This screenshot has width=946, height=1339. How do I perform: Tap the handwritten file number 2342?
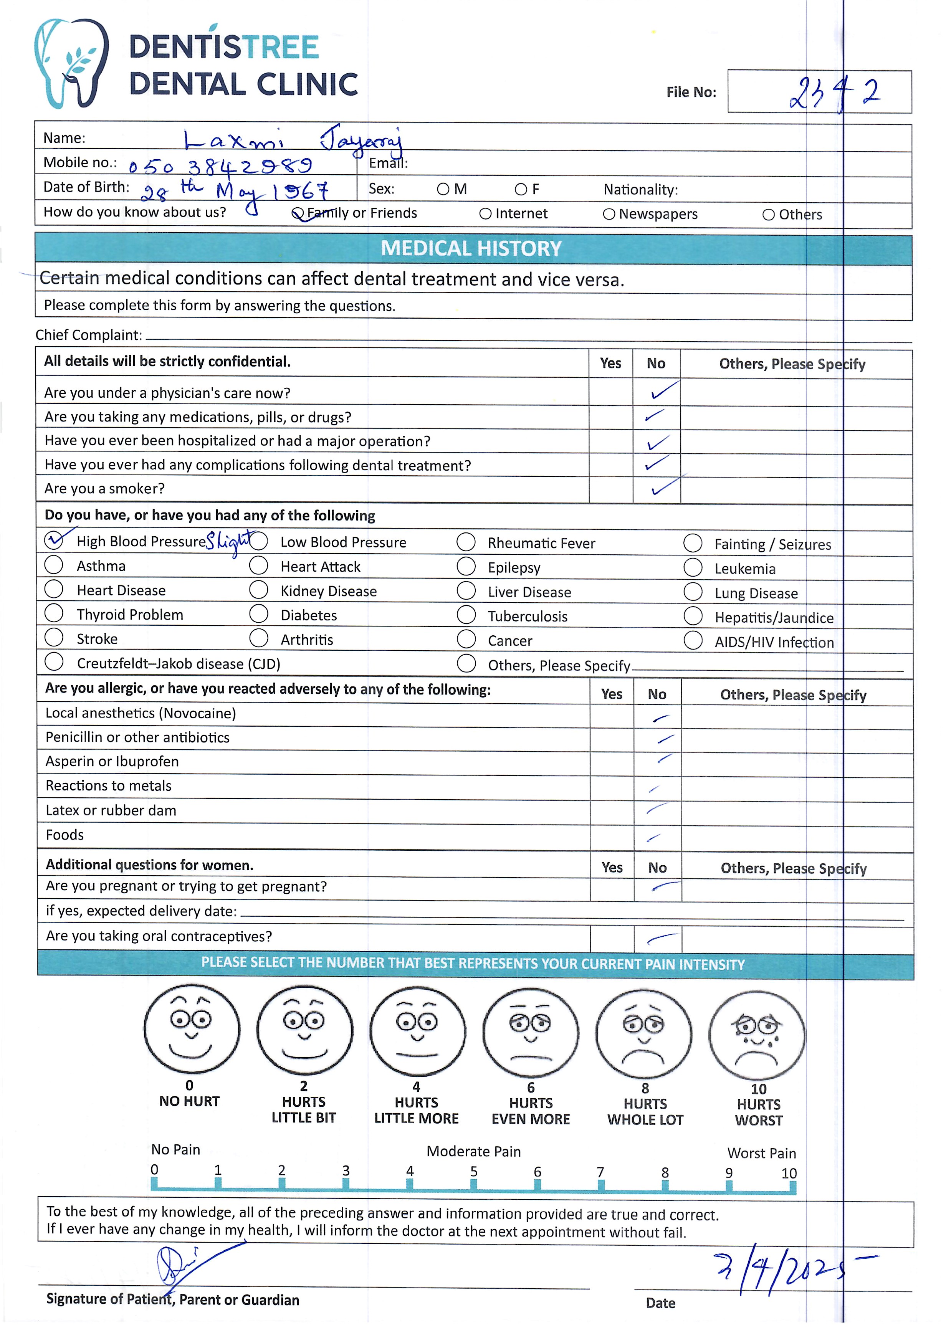(x=834, y=93)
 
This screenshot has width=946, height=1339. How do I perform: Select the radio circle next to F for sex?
(x=521, y=190)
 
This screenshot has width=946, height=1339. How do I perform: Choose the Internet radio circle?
(x=485, y=214)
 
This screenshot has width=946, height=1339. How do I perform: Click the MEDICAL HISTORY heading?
(x=471, y=249)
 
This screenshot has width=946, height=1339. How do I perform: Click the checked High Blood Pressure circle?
(x=54, y=541)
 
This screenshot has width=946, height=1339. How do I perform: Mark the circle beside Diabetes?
(x=258, y=615)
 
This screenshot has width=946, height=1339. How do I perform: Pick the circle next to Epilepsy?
(x=466, y=566)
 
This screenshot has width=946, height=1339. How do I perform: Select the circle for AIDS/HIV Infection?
(x=693, y=640)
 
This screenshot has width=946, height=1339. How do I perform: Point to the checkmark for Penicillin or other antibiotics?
(x=665, y=739)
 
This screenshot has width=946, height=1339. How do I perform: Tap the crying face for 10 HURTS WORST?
(x=756, y=1035)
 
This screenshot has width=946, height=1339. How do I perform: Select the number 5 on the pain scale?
(x=474, y=1172)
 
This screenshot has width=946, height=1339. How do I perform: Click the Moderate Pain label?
(x=474, y=1152)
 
